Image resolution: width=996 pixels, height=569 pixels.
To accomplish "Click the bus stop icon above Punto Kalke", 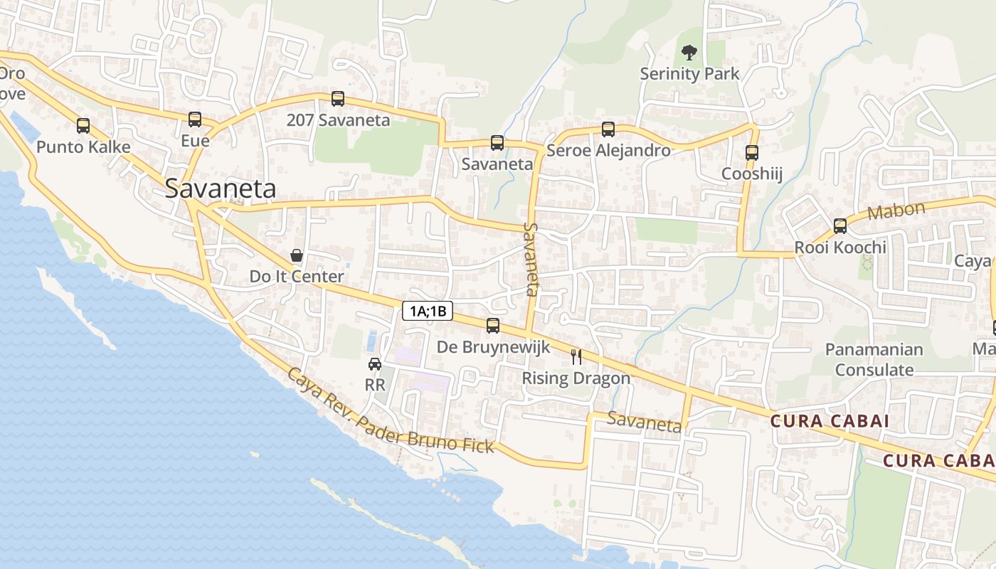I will pyautogui.click(x=83, y=126).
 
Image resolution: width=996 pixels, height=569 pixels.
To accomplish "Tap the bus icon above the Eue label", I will pyautogui.click(x=195, y=119).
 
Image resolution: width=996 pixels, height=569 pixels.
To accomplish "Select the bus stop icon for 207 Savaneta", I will pyautogui.click(x=338, y=99).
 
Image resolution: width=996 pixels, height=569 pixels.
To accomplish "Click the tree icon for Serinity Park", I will pyautogui.click(x=689, y=52).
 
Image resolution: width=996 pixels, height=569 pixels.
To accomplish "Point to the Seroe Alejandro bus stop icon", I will pyautogui.click(x=608, y=129).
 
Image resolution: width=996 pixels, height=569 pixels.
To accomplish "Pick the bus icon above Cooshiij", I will pyautogui.click(x=752, y=152).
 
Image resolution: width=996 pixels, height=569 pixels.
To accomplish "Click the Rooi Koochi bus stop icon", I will pyautogui.click(x=840, y=226).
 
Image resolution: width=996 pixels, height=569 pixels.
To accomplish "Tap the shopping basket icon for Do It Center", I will pyautogui.click(x=297, y=255).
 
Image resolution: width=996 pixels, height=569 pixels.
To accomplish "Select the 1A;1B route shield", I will pyautogui.click(x=428, y=311).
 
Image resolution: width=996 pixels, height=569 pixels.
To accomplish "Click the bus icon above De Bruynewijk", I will pyautogui.click(x=493, y=326).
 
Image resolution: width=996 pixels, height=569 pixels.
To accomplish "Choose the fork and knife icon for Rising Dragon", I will pyautogui.click(x=576, y=357).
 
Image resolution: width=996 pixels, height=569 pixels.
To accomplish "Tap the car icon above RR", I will pyautogui.click(x=375, y=364).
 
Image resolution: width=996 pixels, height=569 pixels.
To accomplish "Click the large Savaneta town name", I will pyautogui.click(x=221, y=188).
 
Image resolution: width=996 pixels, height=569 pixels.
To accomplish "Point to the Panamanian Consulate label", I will pyautogui.click(x=874, y=360).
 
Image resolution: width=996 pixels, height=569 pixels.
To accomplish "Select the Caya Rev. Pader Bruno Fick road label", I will pyautogui.click(x=391, y=412).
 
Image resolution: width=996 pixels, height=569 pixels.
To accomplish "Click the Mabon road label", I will pyautogui.click(x=896, y=211).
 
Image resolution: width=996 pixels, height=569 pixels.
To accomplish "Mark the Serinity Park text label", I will pyautogui.click(x=689, y=74).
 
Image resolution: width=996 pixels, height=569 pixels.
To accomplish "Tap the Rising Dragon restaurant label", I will pyautogui.click(x=576, y=378).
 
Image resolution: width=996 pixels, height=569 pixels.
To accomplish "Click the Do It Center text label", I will pyautogui.click(x=297, y=277).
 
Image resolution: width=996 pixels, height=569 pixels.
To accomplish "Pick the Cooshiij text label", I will pyautogui.click(x=752, y=174).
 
